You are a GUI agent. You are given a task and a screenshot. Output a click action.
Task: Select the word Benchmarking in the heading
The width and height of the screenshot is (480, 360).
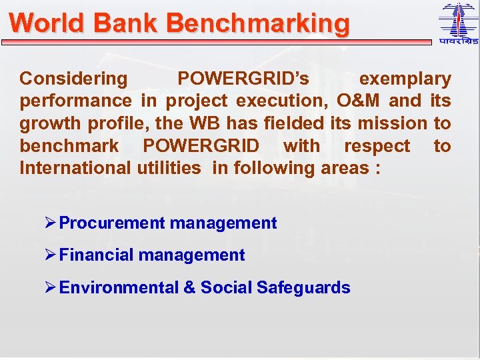click(x=258, y=23)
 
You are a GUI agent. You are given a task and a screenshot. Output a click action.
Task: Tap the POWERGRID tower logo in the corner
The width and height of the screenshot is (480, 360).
click(x=458, y=20)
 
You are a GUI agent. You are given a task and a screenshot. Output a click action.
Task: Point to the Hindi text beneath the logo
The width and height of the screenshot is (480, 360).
click(x=458, y=42)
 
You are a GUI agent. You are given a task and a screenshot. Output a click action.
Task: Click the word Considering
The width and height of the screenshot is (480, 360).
click(x=73, y=79)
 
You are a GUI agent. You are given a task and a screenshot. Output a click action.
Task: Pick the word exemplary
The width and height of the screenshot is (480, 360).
click(x=405, y=79)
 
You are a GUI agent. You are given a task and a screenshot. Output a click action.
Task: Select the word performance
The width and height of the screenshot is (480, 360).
click(x=75, y=101)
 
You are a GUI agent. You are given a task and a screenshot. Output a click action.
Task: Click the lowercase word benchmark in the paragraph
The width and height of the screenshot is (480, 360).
click(x=69, y=145)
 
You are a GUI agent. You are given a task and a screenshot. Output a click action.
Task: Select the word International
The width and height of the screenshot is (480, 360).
click(x=75, y=168)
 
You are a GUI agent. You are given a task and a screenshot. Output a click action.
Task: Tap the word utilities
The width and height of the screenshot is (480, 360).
click(x=169, y=168)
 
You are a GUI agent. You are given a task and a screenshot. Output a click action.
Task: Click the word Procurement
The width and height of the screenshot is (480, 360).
click(x=111, y=223)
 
